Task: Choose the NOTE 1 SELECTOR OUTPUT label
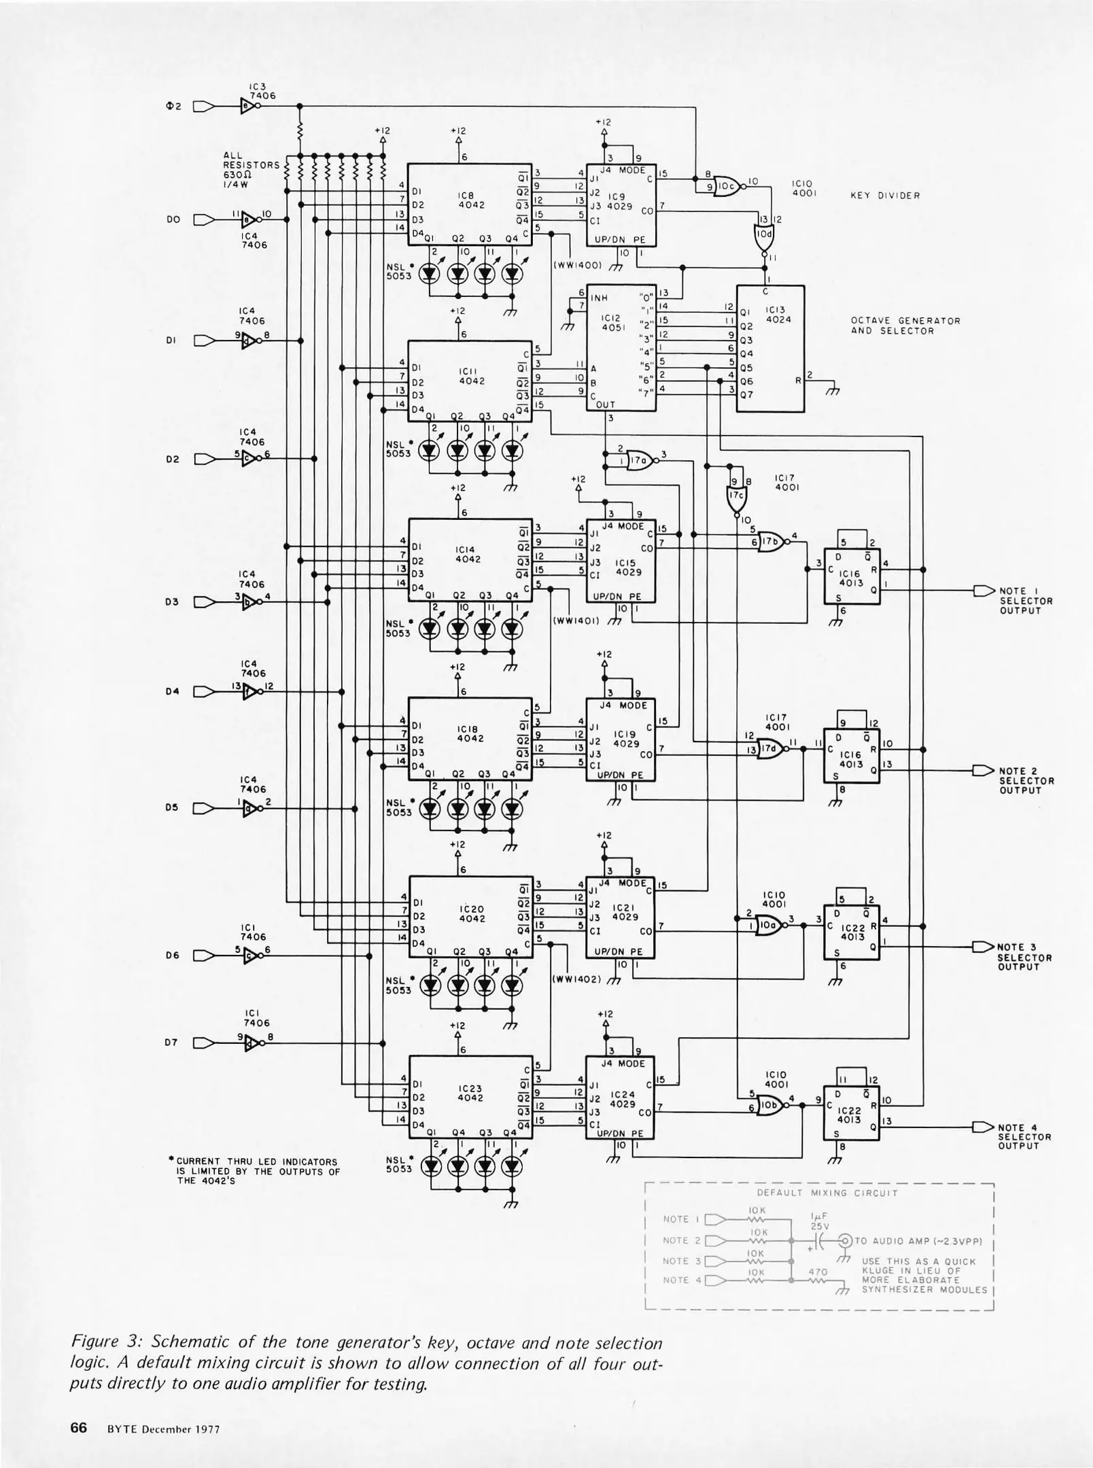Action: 1025,601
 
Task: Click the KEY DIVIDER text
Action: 885,196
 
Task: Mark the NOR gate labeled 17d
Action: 771,749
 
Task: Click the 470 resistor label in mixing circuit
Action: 818,1272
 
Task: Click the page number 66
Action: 79,1427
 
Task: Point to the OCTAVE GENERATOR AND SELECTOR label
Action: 905,326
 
